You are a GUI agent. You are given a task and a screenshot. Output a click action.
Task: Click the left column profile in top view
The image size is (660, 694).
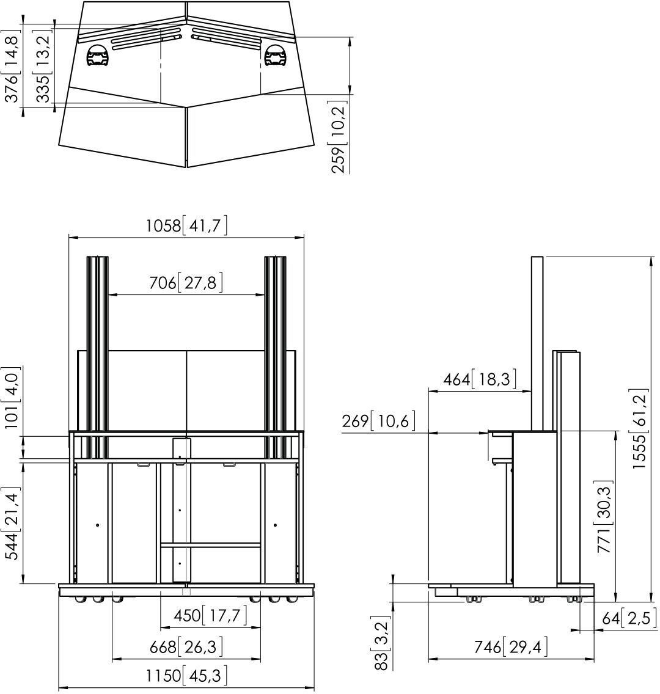click(x=98, y=56)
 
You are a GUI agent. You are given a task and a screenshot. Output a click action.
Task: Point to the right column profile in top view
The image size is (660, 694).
click(x=276, y=56)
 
